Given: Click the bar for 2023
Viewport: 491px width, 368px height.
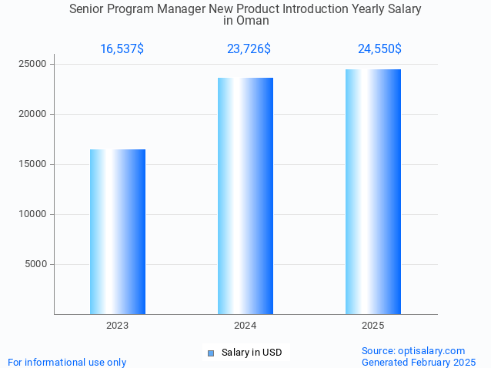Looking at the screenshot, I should [x=118, y=232].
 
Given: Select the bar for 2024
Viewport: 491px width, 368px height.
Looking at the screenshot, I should [x=245, y=196].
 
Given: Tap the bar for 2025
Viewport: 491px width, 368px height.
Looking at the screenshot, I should [x=373, y=192].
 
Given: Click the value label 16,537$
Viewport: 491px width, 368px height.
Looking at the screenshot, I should [x=122, y=49].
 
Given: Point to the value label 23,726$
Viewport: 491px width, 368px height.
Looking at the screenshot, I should [x=249, y=49].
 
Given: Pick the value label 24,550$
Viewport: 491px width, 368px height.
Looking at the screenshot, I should [x=379, y=49].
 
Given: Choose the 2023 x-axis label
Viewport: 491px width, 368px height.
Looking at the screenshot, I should [x=118, y=326].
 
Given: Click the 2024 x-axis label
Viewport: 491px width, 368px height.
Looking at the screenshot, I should [x=245, y=326].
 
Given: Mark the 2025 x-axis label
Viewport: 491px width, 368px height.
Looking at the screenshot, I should [x=373, y=326].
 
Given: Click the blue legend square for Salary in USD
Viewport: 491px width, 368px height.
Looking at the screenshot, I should [x=210, y=353].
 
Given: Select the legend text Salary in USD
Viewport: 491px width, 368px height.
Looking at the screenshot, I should [x=252, y=353].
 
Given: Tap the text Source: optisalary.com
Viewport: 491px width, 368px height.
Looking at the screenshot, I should [x=413, y=351].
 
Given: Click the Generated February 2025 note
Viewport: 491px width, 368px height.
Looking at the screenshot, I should [x=419, y=362].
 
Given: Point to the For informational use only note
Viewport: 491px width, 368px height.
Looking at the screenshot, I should [x=67, y=362].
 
